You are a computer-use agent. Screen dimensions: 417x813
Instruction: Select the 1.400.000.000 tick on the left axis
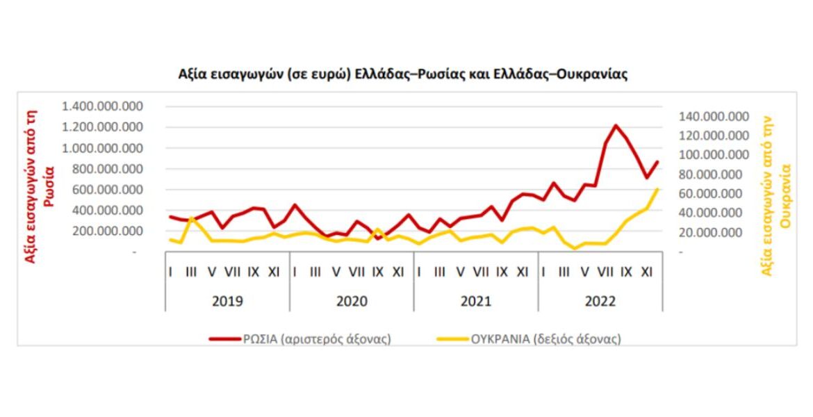pos(102,106)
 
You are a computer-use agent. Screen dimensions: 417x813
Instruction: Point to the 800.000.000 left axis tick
pos(106,169)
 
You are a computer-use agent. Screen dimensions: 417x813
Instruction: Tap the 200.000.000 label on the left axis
pos(106,231)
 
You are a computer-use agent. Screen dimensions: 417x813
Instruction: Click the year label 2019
pos(227,302)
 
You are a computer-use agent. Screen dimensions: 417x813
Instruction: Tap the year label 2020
pos(351,302)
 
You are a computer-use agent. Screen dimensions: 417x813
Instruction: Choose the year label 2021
pos(475,302)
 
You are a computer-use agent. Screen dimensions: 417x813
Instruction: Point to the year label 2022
pos(600,302)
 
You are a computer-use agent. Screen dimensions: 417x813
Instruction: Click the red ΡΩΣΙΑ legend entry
pos(300,339)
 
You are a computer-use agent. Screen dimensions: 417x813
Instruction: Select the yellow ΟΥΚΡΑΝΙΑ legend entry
pos(528,339)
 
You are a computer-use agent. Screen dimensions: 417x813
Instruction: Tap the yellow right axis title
pos(776,195)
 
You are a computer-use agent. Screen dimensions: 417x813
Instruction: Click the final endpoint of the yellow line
pos(657,189)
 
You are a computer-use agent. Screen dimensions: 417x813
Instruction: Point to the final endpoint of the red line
pos(657,162)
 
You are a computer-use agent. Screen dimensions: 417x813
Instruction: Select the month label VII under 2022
pos(605,272)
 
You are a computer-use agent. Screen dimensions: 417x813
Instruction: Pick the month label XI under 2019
pos(273,272)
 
